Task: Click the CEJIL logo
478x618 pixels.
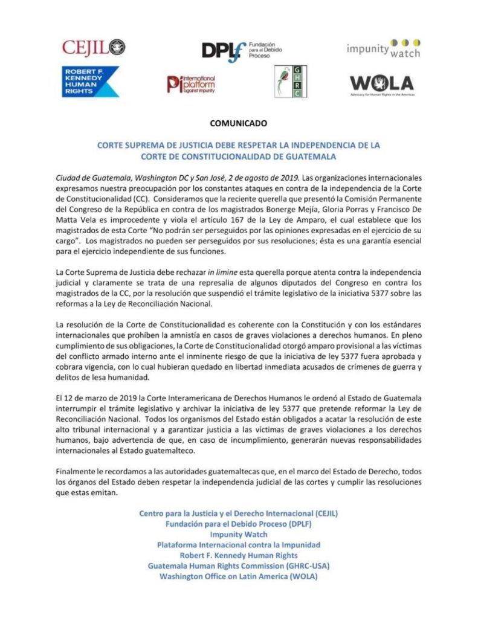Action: tap(94, 47)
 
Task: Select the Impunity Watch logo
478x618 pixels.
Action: tap(383, 48)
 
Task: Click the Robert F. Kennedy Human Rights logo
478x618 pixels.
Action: tap(90, 82)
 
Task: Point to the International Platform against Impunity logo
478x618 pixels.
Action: tap(191, 83)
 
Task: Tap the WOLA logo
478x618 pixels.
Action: tap(382, 83)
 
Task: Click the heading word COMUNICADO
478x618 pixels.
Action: tap(238, 123)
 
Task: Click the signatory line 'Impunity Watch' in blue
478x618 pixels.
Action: tap(238, 534)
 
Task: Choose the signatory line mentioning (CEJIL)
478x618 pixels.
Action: tap(238, 513)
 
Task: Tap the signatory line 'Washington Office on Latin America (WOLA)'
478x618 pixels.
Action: tap(238, 576)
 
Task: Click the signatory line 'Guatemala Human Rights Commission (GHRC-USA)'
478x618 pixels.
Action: tap(238, 566)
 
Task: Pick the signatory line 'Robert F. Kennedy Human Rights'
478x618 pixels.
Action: tap(238, 555)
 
